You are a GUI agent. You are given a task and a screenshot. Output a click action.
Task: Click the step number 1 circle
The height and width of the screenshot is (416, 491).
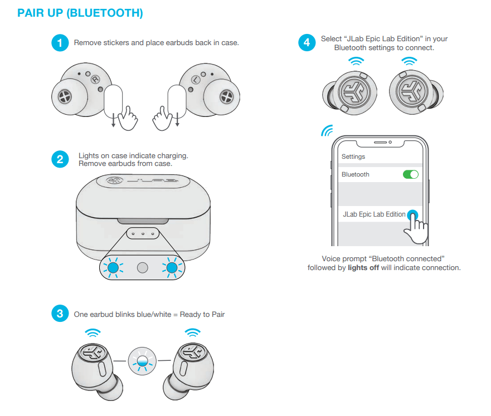pyautogui.click(x=60, y=43)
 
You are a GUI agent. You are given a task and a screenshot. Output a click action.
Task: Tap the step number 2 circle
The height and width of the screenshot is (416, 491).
pyautogui.click(x=60, y=159)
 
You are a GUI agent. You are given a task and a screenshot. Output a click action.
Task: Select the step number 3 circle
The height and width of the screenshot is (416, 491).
pyautogui.click(x=60, y=314)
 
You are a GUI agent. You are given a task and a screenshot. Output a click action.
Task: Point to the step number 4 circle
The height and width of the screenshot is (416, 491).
pyautogui.click(x=307, y=43)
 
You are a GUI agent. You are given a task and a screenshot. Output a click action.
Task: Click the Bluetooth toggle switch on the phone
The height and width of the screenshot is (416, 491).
pyautogui.click(x=410, y=174)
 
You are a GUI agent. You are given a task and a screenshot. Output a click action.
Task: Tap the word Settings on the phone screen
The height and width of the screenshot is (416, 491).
pyautogui.click(x=353, y=156)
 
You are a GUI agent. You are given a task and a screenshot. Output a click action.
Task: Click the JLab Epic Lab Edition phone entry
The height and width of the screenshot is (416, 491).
pyautogui.click(x=374, y=214)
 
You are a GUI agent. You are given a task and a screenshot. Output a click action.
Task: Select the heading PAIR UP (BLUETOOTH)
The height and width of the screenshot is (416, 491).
pyautogui.click(x=80, y=13)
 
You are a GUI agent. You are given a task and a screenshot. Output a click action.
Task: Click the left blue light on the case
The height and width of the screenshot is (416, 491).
pyautogui.click(x=114, y=268)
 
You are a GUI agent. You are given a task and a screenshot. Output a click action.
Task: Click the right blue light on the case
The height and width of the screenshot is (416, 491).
pyautogui.click(x=172, y=268)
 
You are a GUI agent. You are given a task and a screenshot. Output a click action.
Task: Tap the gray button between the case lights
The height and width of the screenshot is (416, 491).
pyautogui.click(x=143, y=268)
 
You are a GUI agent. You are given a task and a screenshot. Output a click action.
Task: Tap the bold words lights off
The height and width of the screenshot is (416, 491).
pyautogui.click(x=363, y=267)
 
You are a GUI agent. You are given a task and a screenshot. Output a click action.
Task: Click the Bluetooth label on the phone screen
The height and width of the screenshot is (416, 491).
pyautogui.click(x=356, y=174)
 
